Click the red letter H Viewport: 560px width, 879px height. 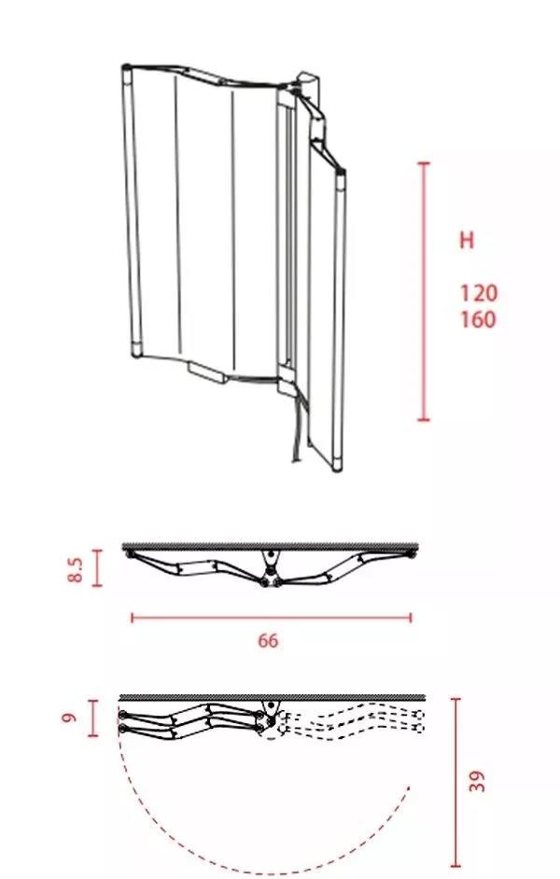[x=467, y=240]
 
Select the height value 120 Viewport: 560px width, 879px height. [x=478, y=293]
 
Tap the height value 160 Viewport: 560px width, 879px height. [x=478, y=319]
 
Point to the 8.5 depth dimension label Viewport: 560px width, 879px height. [x=76, y=568]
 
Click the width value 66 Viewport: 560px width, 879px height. [x=268, y=640]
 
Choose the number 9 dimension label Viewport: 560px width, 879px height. [x=68, y=718]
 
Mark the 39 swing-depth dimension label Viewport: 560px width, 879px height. [x=477, y=781]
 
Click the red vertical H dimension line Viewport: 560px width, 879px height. [x=425, y=291]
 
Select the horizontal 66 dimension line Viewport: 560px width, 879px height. [x=272, y=618]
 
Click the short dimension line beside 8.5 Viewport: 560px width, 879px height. [x=97, y=568]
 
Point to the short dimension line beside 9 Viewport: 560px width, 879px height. [x=93, y=719]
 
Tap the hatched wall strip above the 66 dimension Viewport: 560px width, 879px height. [x=270, y=546]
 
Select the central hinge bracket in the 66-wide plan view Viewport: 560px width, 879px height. [x=272, y=569]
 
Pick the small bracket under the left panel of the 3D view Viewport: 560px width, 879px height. [x=208, y=372]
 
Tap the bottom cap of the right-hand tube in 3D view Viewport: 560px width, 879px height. [x=336, y=465]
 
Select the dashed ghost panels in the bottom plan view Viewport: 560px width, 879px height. [x=350, y=722]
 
